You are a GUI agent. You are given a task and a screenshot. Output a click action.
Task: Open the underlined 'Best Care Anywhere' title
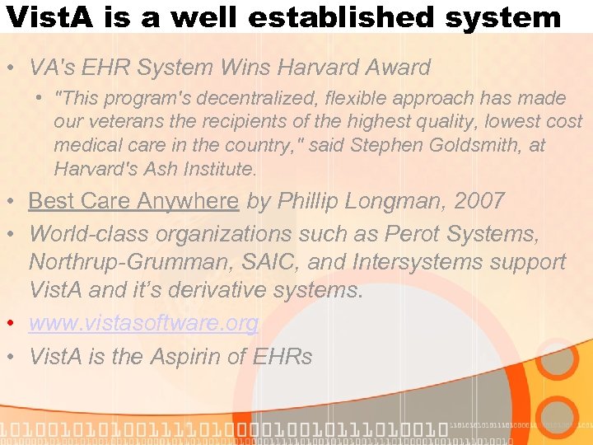[133, 200]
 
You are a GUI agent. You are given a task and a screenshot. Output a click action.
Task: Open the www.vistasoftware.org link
[144, 323]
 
